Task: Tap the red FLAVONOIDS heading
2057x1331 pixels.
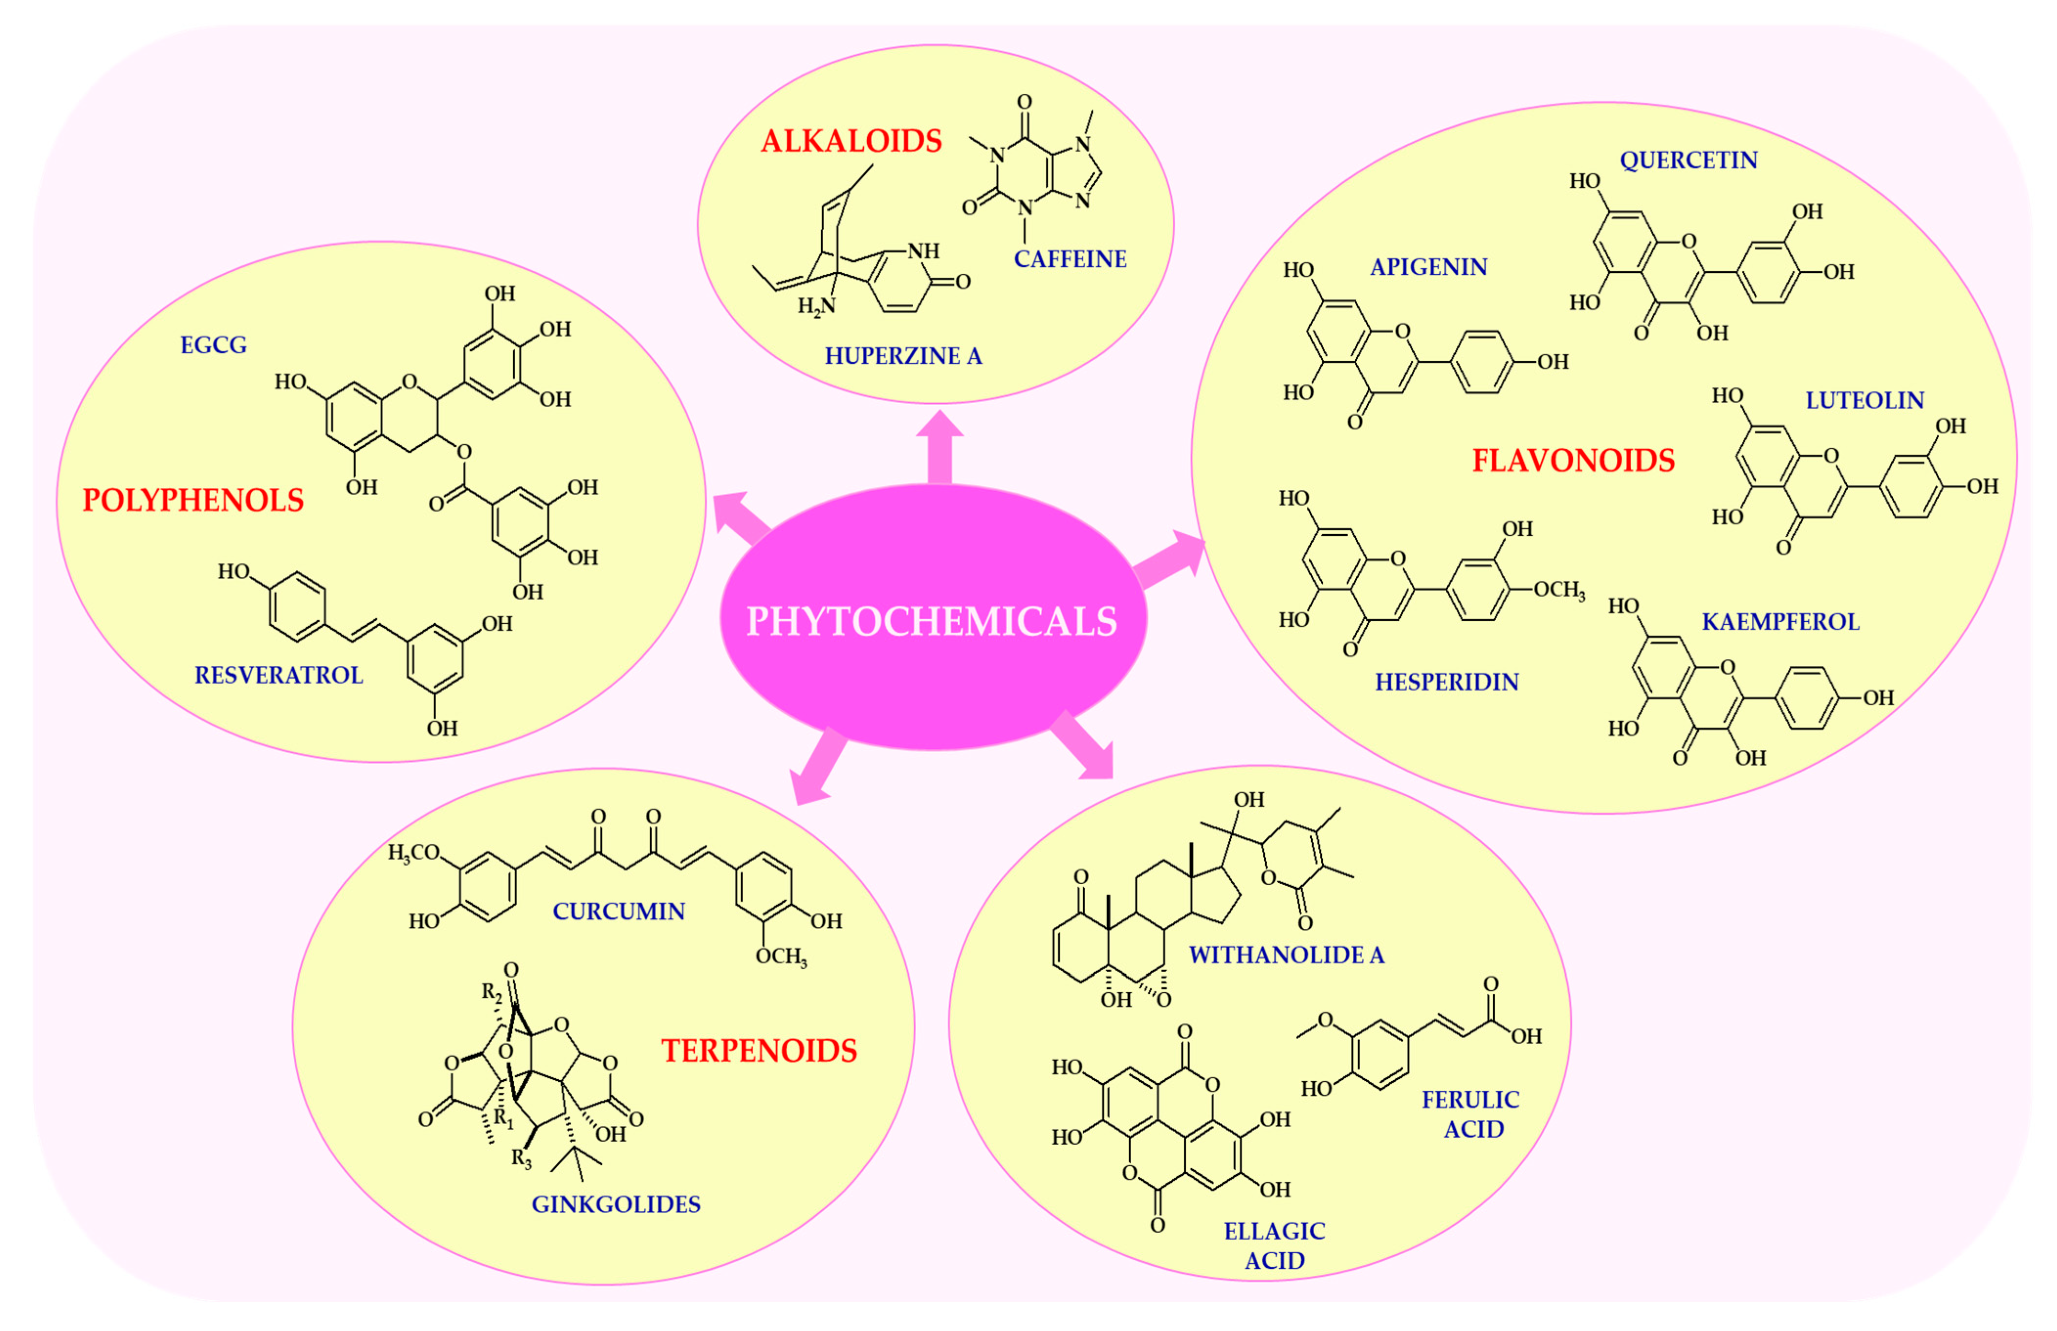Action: [1573, 460]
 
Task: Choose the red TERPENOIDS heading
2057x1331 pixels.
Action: [759, 1051]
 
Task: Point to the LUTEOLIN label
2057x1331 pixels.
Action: [1864, 400]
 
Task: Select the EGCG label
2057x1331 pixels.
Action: [214, 346]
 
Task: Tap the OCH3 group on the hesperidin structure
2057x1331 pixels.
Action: [1558, 590]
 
